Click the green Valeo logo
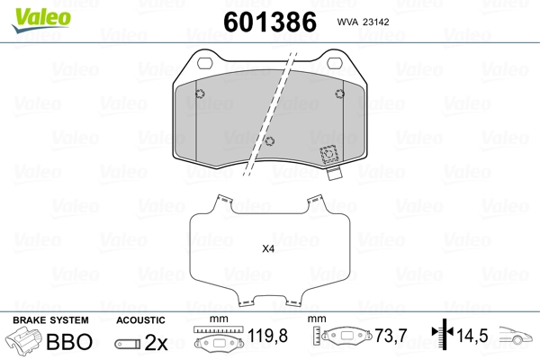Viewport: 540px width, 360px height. [x=41, y=20]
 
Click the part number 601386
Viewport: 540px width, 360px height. [x=270, y=22]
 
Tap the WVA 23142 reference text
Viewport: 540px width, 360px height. [x=363, y=22]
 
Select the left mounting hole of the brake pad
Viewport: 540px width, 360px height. [x=205, y=63]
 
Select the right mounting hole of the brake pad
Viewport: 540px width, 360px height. [x=335, y=63]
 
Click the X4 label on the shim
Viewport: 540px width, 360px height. [x=268, y=248]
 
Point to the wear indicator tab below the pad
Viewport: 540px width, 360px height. [x=334, y=174]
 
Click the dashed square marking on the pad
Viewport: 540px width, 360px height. [x=328, y=154]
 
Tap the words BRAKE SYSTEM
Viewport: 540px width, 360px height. [x=50, y=320]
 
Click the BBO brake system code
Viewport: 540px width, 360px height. [x=69, y=342]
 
